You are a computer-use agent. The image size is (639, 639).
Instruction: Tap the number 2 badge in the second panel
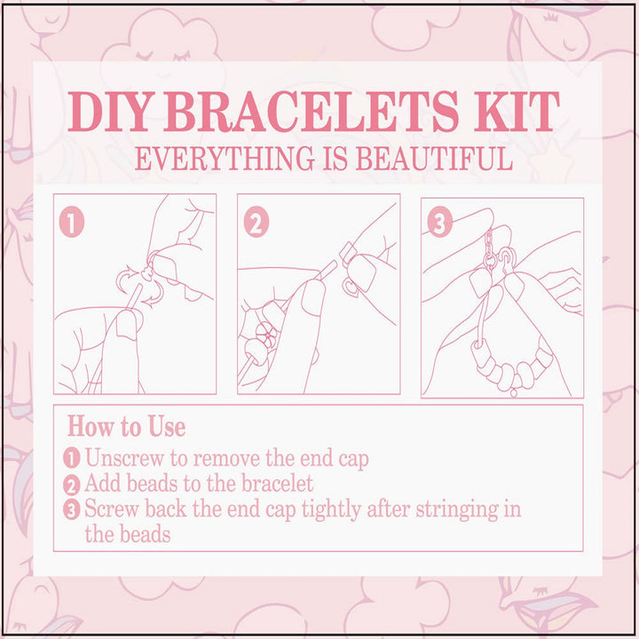tap(256, 224)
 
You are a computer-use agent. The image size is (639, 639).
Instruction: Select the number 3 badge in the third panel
tap(439, 224)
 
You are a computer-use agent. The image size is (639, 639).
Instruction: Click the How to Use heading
tap(127, 427)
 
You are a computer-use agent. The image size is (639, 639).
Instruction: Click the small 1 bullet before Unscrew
tap(73, 460)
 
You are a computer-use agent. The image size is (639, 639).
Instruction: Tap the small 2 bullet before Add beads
tap(73, 485)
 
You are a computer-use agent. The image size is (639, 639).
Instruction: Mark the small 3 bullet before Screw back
tap(73, 510)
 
